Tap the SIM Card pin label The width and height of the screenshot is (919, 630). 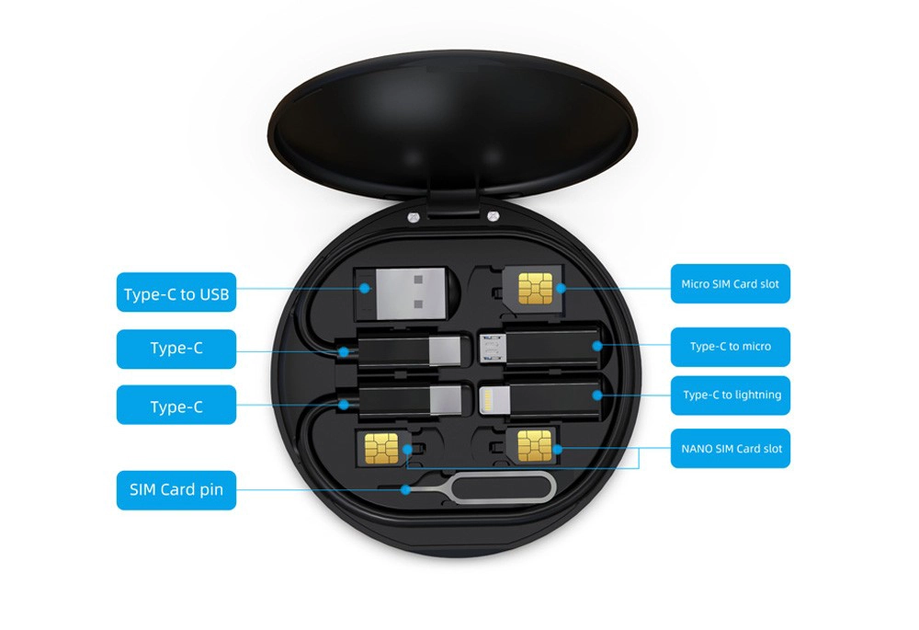[x=176, y=490]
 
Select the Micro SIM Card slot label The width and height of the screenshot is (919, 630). [x=731, y=284]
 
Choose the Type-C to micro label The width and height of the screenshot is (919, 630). [x=731, y=347]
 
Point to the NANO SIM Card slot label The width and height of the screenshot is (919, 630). [x=731, y=449]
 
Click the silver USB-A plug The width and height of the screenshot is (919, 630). [x=410, y=293]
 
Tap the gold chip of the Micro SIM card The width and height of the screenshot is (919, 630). [x=535, y=289]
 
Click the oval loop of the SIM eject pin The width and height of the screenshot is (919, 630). [x=503, y=489]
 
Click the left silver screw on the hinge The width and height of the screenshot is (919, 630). [x=413, y=217]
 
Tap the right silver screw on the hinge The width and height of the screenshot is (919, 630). [x=493, y=217]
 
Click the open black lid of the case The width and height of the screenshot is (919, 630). [x=452, y=122]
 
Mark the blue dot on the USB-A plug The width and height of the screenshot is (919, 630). [x=365, y=288]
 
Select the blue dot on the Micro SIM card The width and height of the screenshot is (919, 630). [x=561, y=288]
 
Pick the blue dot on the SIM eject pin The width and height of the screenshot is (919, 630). [x=405, y=489]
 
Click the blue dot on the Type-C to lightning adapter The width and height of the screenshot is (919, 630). [x=597, y=395]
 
